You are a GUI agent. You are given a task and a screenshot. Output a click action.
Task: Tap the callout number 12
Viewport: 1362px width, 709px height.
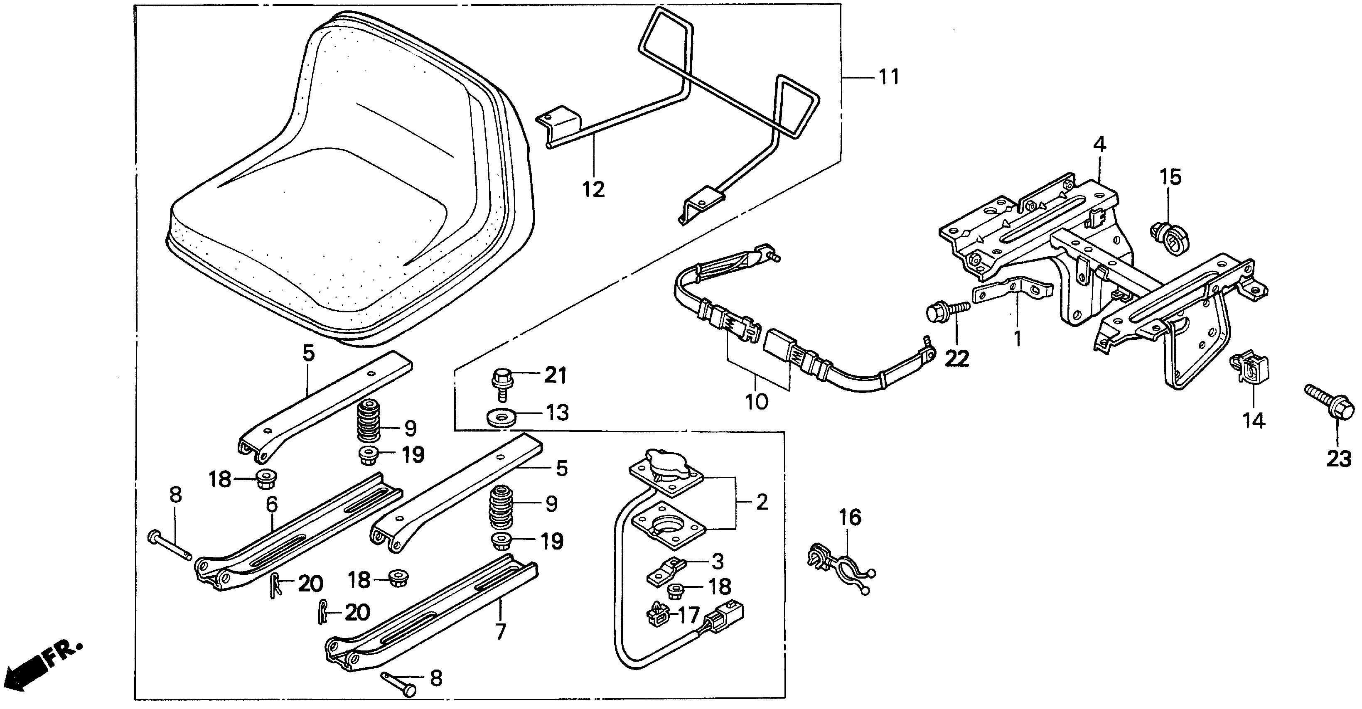[593, 189]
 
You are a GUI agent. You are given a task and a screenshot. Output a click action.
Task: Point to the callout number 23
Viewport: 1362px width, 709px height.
[1339, 459]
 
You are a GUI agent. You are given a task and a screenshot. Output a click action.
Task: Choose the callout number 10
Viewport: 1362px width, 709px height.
[757, 401]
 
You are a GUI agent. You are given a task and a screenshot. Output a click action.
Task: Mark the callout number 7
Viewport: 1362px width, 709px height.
[500, 631]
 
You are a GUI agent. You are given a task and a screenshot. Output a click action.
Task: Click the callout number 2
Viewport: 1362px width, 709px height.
[761, 502]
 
